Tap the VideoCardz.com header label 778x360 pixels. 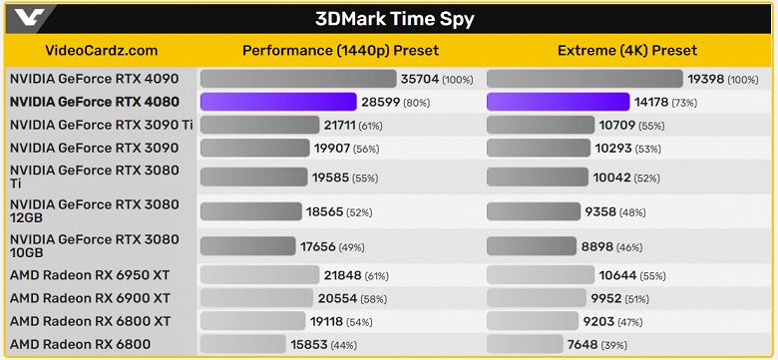[101, 51]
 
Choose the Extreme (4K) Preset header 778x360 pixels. [626, 51]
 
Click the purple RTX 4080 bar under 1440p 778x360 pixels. [278, 102]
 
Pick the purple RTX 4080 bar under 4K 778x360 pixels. [558, 102]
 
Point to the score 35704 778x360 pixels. [420, 78]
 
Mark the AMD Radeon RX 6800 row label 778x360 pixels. [80, 345]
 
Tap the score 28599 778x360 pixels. [381, 102]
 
